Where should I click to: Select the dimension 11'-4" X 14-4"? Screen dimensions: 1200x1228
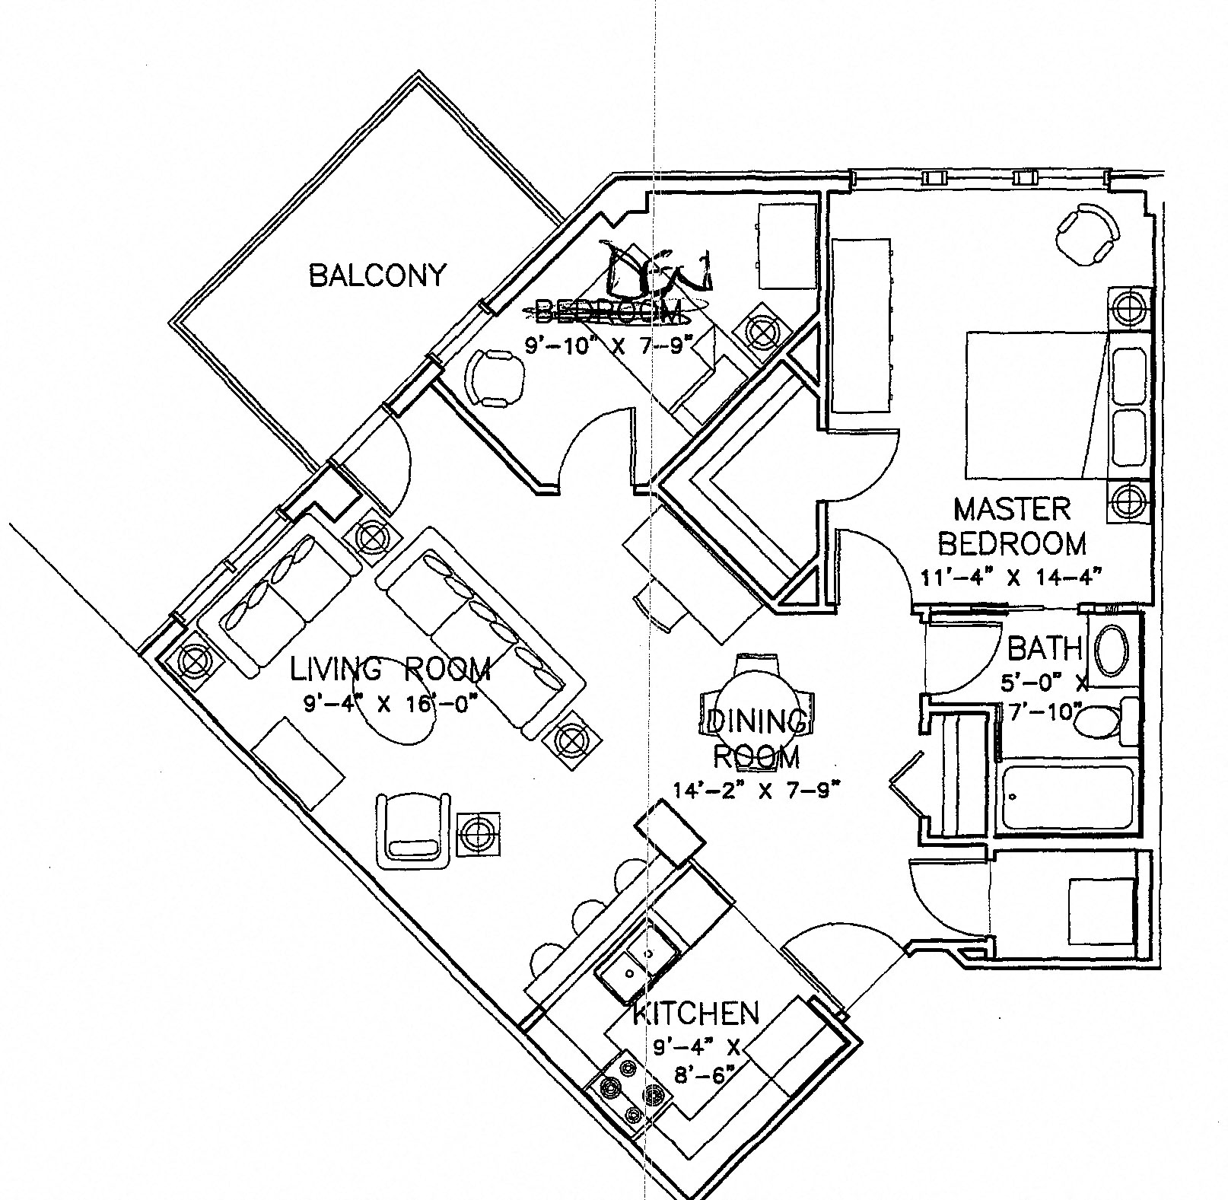[1011, 578]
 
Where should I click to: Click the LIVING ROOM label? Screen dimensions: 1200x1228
[390, 670]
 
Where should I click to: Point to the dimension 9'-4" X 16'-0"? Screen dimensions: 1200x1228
[390, 704]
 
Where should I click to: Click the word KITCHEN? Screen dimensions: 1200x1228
[696, 1013]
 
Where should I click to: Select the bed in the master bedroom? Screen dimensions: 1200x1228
[1035, 405]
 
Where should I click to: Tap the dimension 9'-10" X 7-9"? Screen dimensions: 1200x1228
[611, 345]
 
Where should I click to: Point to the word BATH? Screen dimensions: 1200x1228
[1044, 648]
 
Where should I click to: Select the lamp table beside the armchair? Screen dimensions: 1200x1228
[479, 833]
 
